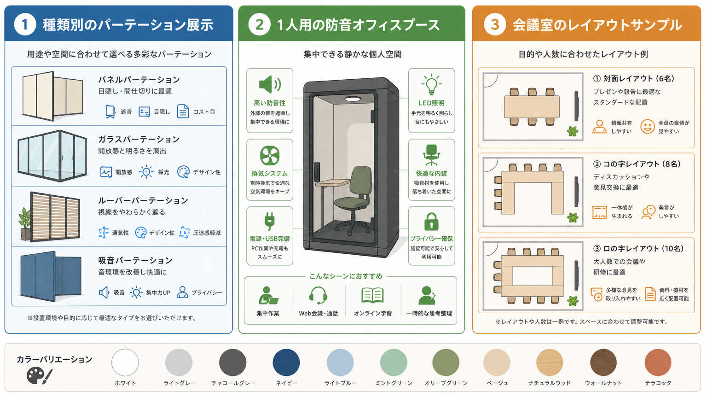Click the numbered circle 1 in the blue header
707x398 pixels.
(x=25, y=24)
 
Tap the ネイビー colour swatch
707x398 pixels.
(x=286, y=363)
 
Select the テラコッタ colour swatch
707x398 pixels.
(x=658, y=363)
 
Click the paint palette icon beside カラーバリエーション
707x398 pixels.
(x=39, y=376)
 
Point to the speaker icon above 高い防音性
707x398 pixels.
(x=270, y=84)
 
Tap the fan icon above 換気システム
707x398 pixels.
(x=270, y=155)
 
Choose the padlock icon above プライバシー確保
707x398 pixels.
(x=431, y=222)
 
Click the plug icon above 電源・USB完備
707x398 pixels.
(x=270, y=221)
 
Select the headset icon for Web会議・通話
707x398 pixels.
(x=318, y=295)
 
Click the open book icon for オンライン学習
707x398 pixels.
(x=372, y=295)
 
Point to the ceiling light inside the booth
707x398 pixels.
(x=353, y=99)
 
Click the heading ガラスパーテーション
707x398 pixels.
(x=139, y=139)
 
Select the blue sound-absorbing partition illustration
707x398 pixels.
(x=51, y=276)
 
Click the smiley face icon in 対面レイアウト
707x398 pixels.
(x=647, y=126)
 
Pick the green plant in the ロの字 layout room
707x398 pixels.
(x=573, y=301)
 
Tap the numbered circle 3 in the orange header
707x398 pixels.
(x=495, y=24)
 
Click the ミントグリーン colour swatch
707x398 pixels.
(x=394, y=363)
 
